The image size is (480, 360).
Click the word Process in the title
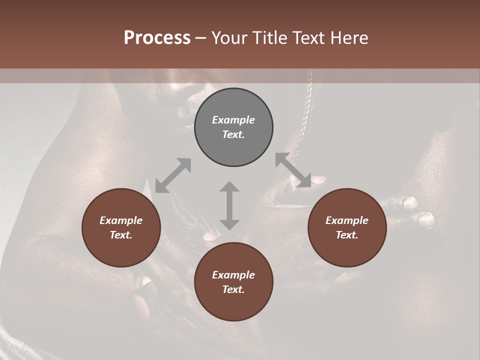click(x=157, y=38)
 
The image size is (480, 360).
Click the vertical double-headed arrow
click(x=229, y=205)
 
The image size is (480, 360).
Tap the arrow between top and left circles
click(x=173, y=175)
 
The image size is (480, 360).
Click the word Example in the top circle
click(x=233, y=120)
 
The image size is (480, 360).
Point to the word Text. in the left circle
click(x=121, y=235)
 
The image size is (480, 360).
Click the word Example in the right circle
click(x=347, y=220)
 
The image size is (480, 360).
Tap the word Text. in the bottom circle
click(x=233, y=289)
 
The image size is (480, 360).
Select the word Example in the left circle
click(x=121, y=220)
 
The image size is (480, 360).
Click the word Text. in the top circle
click(x=233, y=134)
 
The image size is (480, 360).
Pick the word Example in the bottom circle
click(x=233, y=275)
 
